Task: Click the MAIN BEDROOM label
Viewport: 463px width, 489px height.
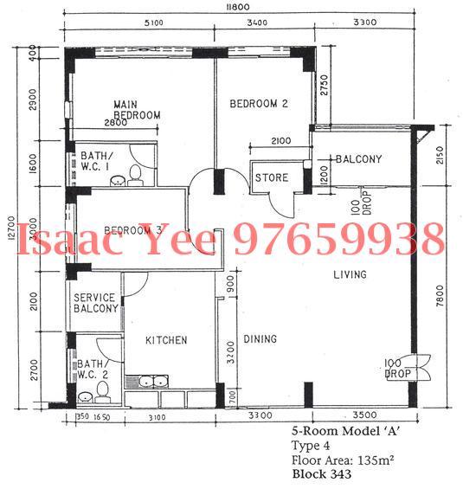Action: (x=138, y=110)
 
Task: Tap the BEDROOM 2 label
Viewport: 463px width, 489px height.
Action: (x=258, y=104)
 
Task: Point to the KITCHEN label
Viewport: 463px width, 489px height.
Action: (x=166, y=340)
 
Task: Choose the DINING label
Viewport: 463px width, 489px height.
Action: (x=260, y=339)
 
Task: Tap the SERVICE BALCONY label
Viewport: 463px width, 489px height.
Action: (x=95, y=303)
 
